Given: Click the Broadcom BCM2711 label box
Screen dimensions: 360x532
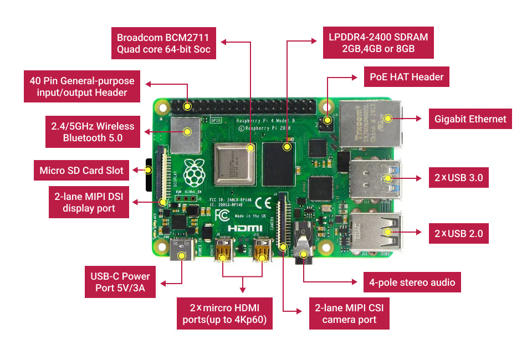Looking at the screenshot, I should pyautogui.click(x=163, y=44).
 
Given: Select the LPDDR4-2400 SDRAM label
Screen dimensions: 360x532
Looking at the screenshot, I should pyautogui.click(x=378, y=43).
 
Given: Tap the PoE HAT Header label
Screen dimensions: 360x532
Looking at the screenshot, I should pyautogui.click(x=406, y=77).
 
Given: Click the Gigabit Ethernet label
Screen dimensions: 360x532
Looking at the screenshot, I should pyautogui.click(x=470, y=119).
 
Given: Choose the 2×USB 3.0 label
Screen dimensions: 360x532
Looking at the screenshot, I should pyautogui.click(x=458, y=178).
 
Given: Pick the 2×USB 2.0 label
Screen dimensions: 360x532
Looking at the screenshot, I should pyautogui.click(x=458, y=233).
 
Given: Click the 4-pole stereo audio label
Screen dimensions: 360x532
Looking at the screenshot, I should pyautogui.click(x=412, y=282).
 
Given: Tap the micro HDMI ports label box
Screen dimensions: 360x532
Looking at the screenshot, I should pyautogui.click(x=224, y=313).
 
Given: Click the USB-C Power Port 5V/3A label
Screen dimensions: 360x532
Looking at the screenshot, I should pyautogui.click(x=120, y=282).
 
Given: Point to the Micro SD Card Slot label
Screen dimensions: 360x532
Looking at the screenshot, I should pyautogui.click(x=81, y=170).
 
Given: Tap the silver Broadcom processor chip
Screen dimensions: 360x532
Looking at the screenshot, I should pyautogui.click(x=234, y=164).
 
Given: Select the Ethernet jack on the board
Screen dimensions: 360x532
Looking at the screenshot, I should pyautogui.click(x=368, y=124).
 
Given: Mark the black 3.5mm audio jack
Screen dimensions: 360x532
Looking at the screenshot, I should pyautogui.click(x=303, y=244).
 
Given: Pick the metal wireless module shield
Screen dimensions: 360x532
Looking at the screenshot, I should pyautogui.click(x=185, y=134).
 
